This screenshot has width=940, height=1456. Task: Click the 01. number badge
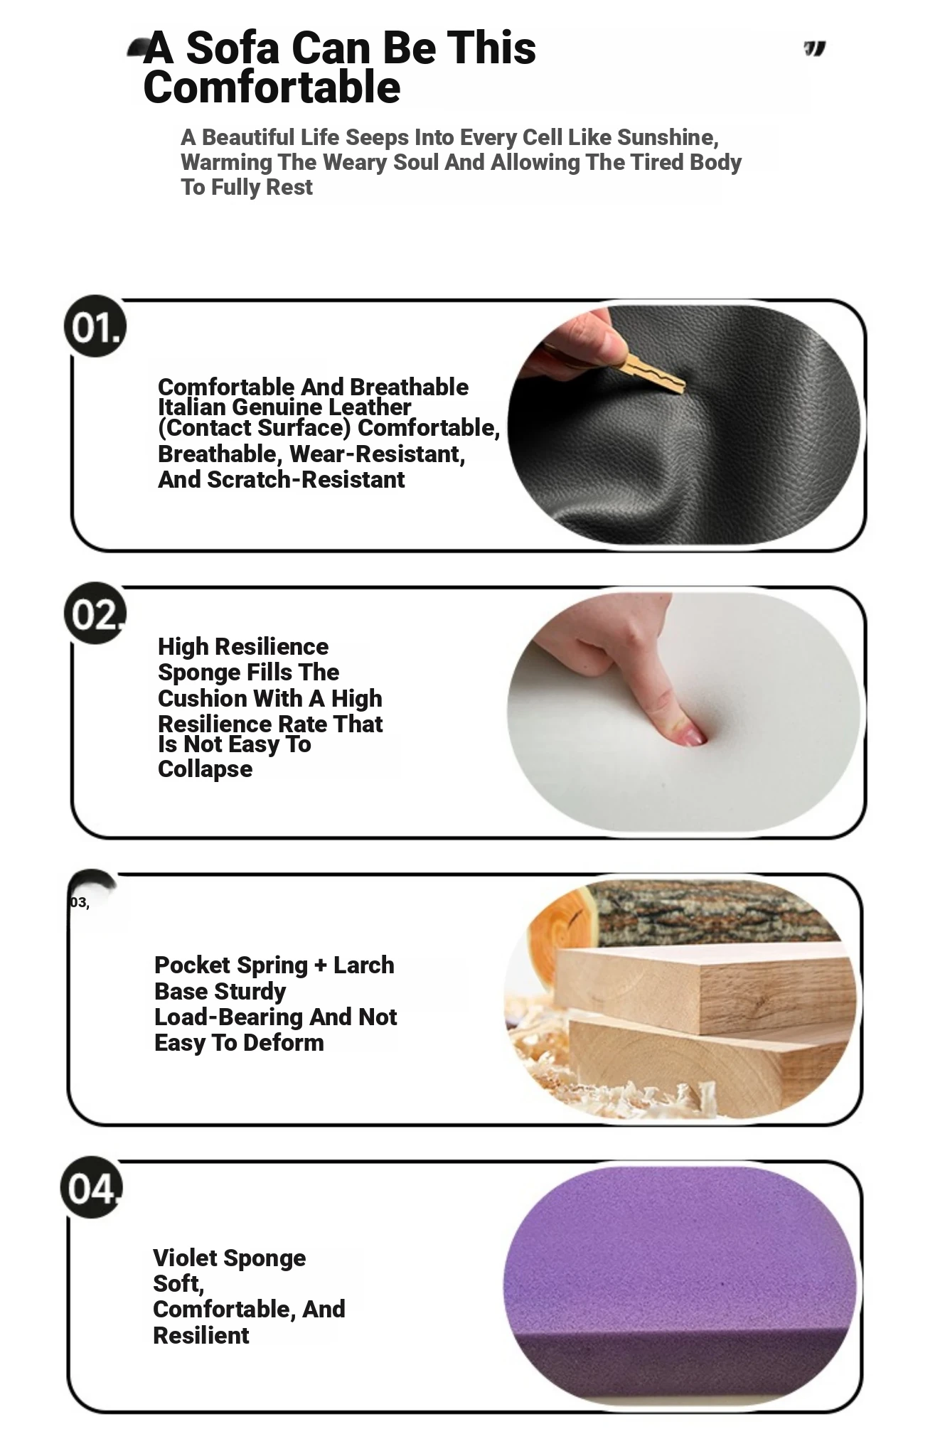click(95, 326)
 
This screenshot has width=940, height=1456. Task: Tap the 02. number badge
click(95, 614)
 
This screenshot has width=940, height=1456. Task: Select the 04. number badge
click(92, 1187)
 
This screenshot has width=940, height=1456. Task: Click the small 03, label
click(80, 902)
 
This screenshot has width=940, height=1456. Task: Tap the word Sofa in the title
click(233, 48)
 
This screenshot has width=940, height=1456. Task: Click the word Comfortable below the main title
click(272, 87)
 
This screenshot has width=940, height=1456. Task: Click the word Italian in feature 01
click(192, 407)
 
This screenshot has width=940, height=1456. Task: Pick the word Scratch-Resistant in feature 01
click(306, 479)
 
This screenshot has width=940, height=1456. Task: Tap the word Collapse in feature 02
click(205, 769)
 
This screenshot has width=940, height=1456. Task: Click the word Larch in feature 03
click(363, 965)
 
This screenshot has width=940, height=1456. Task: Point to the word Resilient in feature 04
click(201, 1335)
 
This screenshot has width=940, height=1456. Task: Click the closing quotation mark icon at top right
click(815, 49)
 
